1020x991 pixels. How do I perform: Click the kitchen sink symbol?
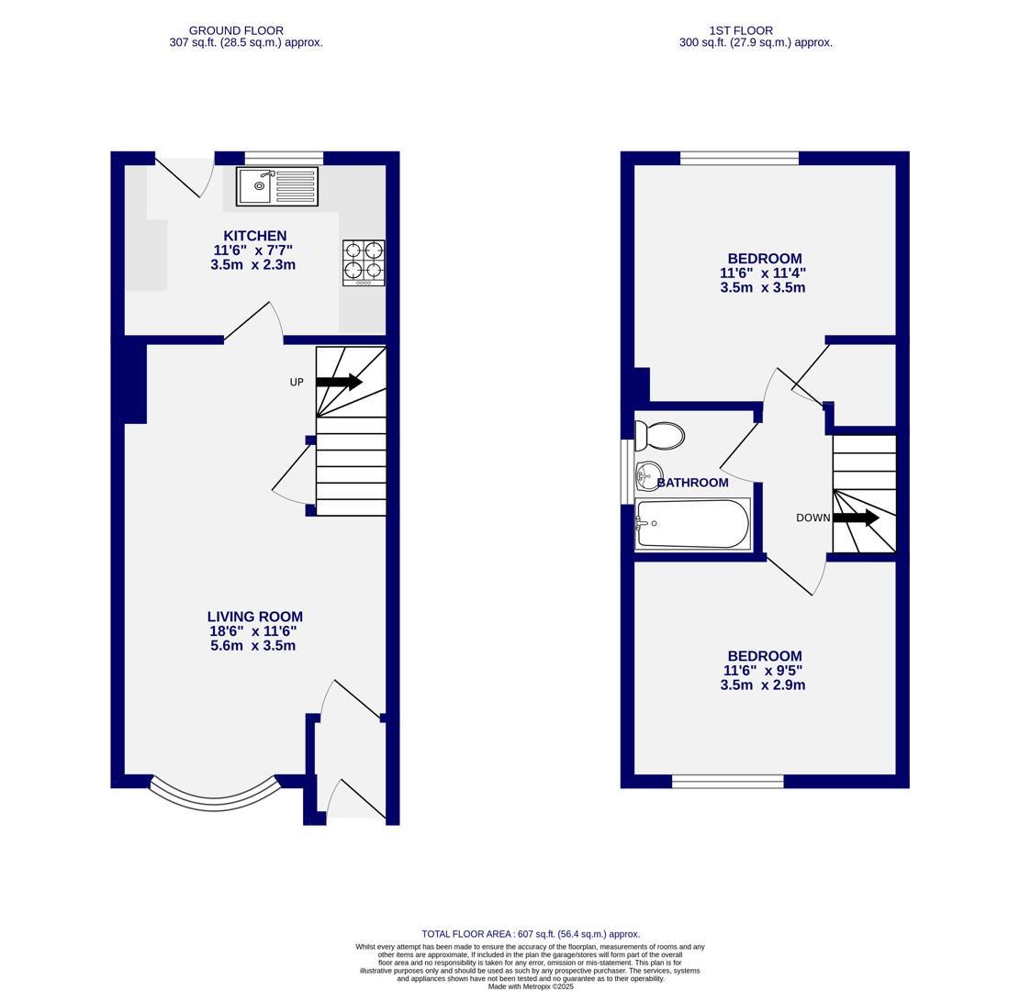tap(276, 186)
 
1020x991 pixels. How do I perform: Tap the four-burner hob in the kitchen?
tap(364, 262)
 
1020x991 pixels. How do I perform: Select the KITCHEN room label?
tap(255, 236)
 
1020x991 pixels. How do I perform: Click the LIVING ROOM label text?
tap(254, 617)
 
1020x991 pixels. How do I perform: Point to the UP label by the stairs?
tap(297, 382)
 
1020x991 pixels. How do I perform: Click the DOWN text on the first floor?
tap(813, 518)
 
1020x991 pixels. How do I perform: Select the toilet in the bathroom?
tap(660, 435)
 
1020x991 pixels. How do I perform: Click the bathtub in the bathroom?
tap(693, 524)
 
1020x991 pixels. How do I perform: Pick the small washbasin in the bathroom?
tap(647, 474)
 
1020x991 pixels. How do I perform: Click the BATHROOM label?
tap(693, 483)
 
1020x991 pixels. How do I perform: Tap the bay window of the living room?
tap(214, 797)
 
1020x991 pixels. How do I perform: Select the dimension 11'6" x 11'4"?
tap(763, 273)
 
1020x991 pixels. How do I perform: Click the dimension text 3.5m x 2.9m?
tap(763, 685)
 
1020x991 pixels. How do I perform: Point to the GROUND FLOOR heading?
tap(236, 30)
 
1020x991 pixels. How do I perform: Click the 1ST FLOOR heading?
tap(741, 30)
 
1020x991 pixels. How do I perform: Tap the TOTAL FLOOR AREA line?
tap(531, 933)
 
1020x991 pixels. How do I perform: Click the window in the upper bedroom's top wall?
tap(739, 158)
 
